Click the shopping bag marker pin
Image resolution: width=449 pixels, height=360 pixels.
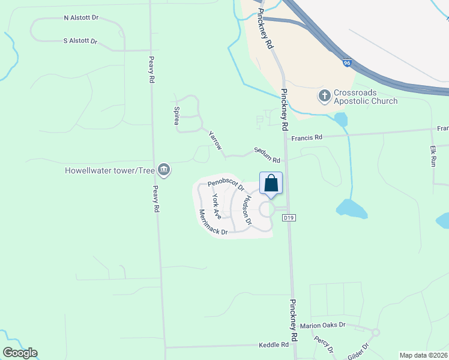271,184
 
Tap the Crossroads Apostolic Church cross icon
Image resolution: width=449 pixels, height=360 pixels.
324,95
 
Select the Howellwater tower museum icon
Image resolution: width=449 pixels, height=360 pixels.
164,171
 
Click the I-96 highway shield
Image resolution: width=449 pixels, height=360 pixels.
347,62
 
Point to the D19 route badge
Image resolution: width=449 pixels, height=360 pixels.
291,217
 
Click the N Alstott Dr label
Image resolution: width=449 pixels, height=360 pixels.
81,18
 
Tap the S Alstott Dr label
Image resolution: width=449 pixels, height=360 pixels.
80,41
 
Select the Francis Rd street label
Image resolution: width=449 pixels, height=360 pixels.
307,137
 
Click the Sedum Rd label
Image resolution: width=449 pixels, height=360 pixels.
267,155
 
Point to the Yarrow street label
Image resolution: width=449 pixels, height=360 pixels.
215,139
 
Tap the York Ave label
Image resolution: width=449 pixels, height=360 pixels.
217,206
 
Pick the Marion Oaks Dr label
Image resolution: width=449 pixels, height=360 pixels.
324,325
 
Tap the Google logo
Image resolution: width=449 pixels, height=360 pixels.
20,353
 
